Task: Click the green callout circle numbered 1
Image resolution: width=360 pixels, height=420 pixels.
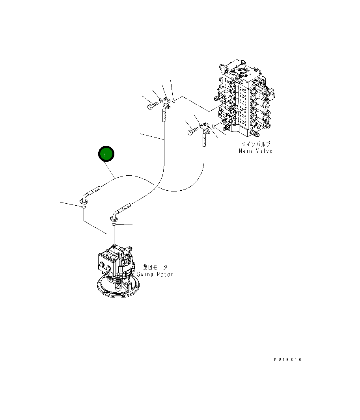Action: pos(106,154)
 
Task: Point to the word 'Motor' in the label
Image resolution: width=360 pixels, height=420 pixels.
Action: pos(164,274)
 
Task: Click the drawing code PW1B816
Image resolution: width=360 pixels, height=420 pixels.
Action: pos(288,360)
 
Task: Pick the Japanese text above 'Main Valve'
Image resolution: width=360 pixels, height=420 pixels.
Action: pos(256,145)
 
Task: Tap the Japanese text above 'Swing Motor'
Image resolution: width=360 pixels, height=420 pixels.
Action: pos(155,268)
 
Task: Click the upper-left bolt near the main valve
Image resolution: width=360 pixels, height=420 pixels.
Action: pos(152,106)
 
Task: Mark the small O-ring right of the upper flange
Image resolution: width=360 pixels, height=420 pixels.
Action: pos(173,101)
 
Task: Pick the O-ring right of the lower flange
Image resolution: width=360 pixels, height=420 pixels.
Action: pos(213,126)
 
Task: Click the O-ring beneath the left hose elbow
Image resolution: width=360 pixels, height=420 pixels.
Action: pos(84,208)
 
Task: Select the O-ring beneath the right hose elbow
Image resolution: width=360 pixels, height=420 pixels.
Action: pos(114,224)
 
